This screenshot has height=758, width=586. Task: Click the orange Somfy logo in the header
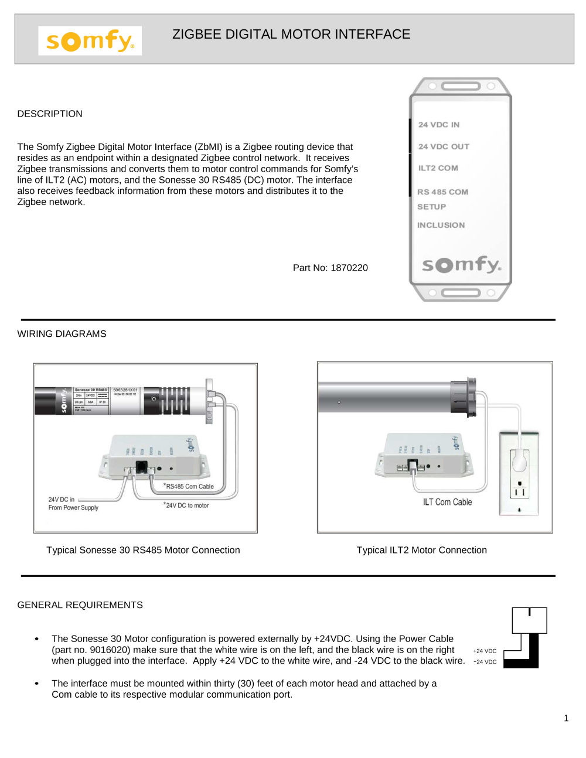[90, 41]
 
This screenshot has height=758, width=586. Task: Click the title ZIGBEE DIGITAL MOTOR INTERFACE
[291, 35]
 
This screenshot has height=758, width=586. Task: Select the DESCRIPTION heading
[50, 114]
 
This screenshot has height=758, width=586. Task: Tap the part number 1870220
[331, 268]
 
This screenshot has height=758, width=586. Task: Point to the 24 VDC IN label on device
[439, 125]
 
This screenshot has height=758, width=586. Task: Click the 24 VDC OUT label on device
[444, 146]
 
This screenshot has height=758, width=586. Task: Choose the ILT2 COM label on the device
[438, 168]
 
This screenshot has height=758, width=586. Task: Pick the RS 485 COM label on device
[442, 192]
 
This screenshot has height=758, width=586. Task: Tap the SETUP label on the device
[431, 207]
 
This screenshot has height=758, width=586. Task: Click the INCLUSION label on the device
[441, 225]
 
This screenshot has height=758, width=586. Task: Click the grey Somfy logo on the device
[461, 265]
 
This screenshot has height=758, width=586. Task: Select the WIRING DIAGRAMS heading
[62, 334]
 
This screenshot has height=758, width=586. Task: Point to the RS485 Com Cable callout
[189, 486]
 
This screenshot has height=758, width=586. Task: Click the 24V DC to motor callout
[187, 506]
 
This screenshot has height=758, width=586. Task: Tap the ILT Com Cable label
[447, 502]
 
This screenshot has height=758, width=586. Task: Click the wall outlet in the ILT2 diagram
[519, 473]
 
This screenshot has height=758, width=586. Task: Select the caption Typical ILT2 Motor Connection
[421, 550]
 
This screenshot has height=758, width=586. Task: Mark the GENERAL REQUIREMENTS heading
[80, 605]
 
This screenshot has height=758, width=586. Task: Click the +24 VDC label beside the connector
[485, 651]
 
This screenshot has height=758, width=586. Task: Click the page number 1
[566, 718]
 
